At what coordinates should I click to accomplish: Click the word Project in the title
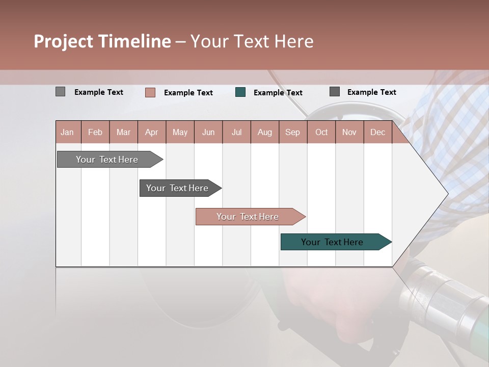[63, 41]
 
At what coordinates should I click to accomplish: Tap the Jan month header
[67, 133]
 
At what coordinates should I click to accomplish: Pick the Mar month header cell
[123, 133]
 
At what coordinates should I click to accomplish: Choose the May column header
[180, 133]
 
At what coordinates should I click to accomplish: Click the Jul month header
[236, 133]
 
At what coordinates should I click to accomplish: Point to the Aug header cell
[264, 133]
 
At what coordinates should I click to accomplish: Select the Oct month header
[321, 133]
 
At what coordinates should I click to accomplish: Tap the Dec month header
[377, 133]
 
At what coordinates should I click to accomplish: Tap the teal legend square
[240, 92]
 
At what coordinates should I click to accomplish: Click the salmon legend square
[150, 92]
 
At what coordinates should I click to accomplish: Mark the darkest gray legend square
[335, 92]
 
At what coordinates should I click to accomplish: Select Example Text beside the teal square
[278, 93]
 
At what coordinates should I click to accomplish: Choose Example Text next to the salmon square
[188, 93]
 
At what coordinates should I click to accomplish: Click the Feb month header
[95, 133]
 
